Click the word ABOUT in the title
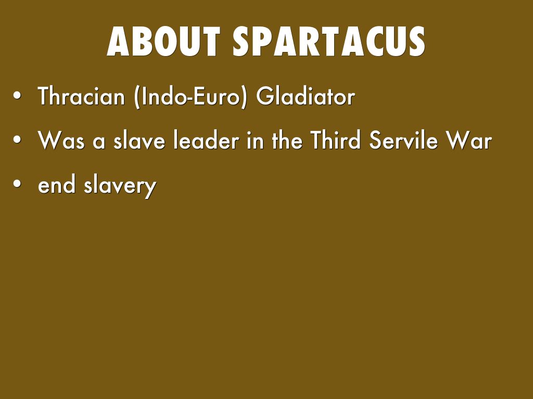(163, 42)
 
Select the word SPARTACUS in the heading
(329, 42)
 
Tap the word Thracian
(81, 96)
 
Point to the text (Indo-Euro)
(191, 97)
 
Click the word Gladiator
(306, 96)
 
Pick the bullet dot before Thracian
(17, 96)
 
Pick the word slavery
(120, 186)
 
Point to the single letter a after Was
(99, 142)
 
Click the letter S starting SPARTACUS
(242, 42)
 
